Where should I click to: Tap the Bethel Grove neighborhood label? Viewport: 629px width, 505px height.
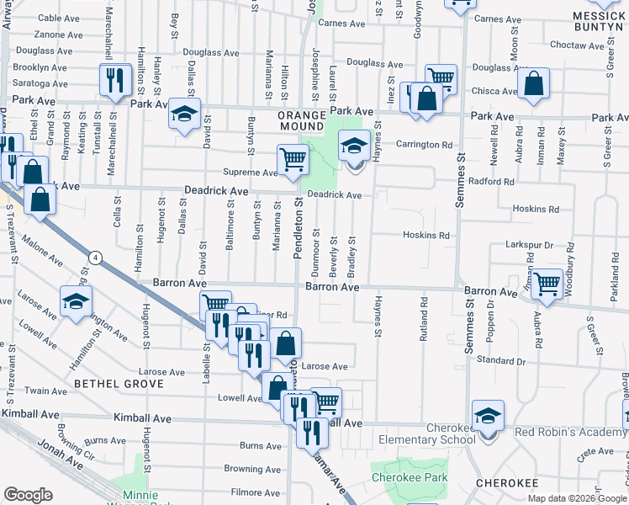click(x=118, y=384)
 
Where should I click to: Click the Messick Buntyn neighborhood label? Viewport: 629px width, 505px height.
click(x=599, y=22)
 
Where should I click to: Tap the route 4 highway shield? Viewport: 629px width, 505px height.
click(x=97, y=258)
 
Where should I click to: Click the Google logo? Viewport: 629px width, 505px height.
click(x=29, y=495)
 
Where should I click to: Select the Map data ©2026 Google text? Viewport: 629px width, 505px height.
click(x=576, y=498)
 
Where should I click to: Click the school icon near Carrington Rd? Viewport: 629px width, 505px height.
click(x=354, y=145)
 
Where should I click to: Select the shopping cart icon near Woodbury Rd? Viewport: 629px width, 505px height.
click(x=547, y=283)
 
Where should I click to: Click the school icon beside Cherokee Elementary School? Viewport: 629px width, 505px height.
click(x=488, y=416)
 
